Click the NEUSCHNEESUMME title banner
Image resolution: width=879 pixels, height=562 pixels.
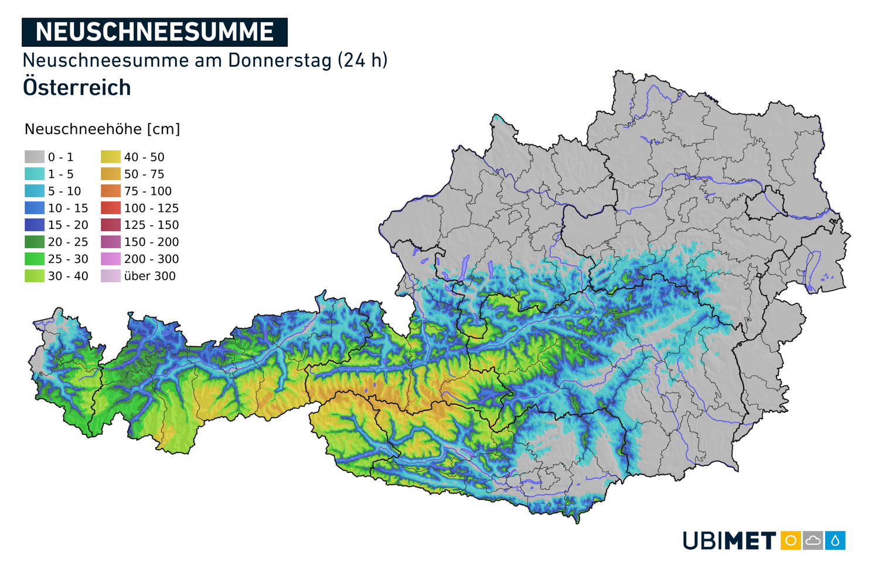[154, 32]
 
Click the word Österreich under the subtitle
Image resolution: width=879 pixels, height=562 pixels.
[77, 88]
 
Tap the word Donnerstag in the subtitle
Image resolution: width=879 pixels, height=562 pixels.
[280, 60]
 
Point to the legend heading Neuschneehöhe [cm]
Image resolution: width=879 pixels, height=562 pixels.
[102, 129]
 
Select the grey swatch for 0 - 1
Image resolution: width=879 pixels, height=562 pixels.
[35, 157]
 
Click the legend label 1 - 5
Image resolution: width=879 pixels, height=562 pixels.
[61, 174]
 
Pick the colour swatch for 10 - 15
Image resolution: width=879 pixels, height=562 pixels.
[35, 208]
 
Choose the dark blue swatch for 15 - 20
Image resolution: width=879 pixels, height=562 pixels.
[35, 225]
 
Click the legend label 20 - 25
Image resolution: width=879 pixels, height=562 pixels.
[68, 242]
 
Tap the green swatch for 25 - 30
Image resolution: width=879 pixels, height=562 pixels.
[35, 259]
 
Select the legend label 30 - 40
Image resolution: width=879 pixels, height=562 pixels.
[68, 276]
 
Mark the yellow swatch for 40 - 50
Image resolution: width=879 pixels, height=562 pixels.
[111, 157]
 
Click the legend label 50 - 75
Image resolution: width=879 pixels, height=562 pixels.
[144, 174]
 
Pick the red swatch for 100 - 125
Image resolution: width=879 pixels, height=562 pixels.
[111, 208]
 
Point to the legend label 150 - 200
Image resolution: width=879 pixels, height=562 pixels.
[151, 242]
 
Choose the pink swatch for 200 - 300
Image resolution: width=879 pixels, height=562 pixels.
[111, 259]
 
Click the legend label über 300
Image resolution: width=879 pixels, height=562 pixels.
[149, 276]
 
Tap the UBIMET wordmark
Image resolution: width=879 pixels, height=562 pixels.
[729, 540]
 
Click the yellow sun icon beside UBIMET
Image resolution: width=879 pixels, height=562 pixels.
[791, 540]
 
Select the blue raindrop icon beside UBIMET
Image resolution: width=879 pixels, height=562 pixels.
[835, 540]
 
